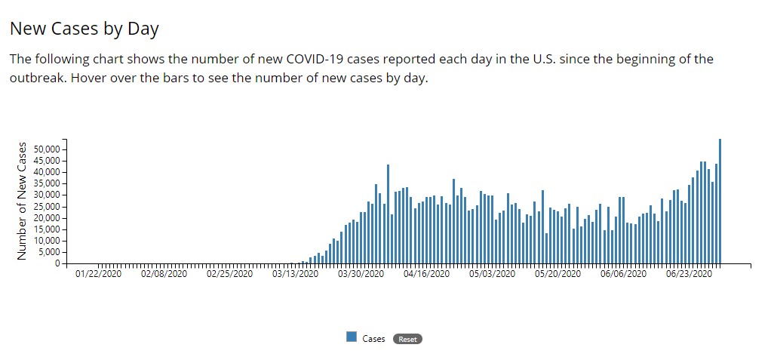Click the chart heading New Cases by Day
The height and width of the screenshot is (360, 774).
click(x=84, y=29)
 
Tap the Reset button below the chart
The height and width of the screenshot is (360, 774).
click(x=407, y=340)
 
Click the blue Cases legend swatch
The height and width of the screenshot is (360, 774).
click(x=352, y=337)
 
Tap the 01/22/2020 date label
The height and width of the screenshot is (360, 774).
click(x=98, y=274)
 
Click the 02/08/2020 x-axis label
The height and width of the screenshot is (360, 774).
click(x=164, y=274)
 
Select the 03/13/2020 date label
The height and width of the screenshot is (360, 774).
click(x=295, y=274)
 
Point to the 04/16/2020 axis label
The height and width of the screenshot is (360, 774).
click(x=426, y=274)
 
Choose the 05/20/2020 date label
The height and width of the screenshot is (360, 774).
click(x=557, y=274)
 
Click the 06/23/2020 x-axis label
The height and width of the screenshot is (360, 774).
click(x=689, y=274)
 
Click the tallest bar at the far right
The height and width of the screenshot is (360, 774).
click(x=720, y=202)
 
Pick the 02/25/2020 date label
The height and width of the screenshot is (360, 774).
click(x=229, y=274)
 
